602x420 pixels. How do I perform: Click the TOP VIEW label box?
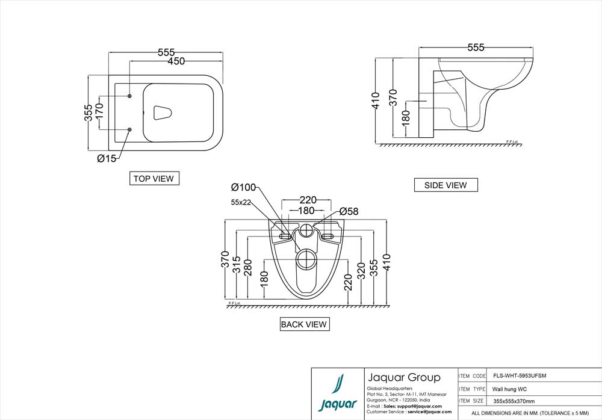click(x=154, y=178)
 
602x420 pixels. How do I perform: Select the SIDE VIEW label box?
click(x=445, y=185)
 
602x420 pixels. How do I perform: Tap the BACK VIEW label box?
click(x=305, y=324)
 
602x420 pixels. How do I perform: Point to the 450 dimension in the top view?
click(x=176, y=61)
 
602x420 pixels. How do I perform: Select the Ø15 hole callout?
click(x=107, y=158)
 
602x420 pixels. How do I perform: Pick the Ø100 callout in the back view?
click(x=243, y=187)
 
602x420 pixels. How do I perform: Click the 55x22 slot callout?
click(x=241, y=203)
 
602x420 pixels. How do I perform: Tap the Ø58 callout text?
click(x=349, y=211)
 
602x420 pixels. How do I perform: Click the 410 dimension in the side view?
click(x=376, y=100)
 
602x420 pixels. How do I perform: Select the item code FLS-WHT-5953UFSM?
click(x=520, y=375)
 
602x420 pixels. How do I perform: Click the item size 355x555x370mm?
click(x=514, y=401)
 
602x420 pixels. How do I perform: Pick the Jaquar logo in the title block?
click(x=337, y=394)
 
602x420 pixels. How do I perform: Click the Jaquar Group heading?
click(x=403, y=378)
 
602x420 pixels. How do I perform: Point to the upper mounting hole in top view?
click(x=130, y=96)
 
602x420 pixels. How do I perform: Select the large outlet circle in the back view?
click(x=307, y=259)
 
